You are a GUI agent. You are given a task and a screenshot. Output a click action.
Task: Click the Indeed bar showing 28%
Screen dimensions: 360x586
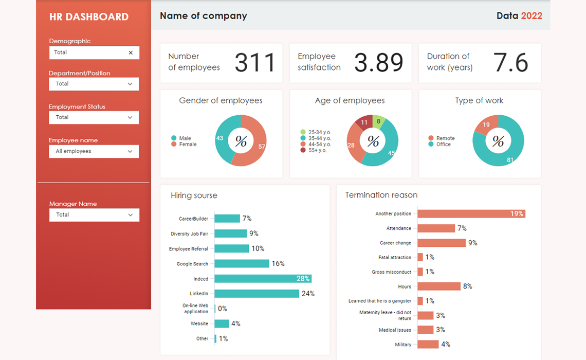263,279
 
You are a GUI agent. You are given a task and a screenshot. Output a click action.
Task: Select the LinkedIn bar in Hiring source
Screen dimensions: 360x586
257,294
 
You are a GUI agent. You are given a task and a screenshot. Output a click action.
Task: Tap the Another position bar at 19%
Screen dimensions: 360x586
471,213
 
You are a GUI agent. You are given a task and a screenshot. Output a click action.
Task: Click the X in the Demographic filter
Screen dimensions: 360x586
131,52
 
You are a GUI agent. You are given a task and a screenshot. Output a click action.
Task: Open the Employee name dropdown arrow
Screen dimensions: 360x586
130,151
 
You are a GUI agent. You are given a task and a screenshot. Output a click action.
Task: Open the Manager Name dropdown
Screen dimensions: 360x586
94,215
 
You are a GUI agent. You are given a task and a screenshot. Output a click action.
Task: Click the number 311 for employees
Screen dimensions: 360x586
255,63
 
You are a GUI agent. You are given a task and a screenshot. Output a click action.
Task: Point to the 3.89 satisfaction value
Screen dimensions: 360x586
379,63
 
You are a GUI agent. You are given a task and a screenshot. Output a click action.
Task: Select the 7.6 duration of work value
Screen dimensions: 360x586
510,63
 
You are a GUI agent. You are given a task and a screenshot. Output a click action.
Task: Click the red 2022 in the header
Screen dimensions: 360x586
532,16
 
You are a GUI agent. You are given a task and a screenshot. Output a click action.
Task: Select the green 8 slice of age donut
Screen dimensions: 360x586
379,122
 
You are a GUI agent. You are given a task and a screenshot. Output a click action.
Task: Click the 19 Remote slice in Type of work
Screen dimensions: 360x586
486,125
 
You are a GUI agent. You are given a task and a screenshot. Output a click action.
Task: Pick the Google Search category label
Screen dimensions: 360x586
192,264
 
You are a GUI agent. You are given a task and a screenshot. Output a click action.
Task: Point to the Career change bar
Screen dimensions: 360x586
442,243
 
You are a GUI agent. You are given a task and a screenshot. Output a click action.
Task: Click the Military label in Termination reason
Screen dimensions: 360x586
403,345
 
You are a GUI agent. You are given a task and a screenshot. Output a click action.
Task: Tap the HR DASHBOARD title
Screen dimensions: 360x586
89,17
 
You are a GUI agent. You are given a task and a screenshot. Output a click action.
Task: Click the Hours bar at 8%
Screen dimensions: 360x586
439,286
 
